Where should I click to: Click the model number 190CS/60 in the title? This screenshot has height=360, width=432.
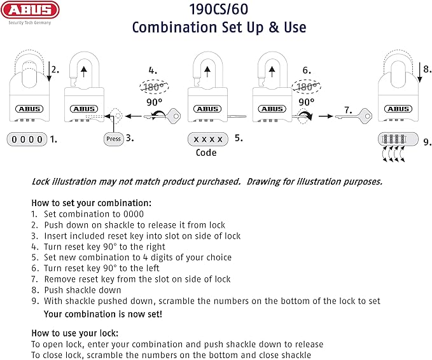(219, 10)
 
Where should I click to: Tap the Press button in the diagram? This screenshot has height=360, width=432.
(113, 137)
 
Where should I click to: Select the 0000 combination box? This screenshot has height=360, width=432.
(27, 138)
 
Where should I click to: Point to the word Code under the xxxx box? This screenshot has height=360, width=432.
(206, 153)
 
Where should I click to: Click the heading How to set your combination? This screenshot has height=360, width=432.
(91, 204)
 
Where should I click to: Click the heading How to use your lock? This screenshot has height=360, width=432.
(74, 333)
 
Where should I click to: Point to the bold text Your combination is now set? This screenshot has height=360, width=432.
(103, 314)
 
